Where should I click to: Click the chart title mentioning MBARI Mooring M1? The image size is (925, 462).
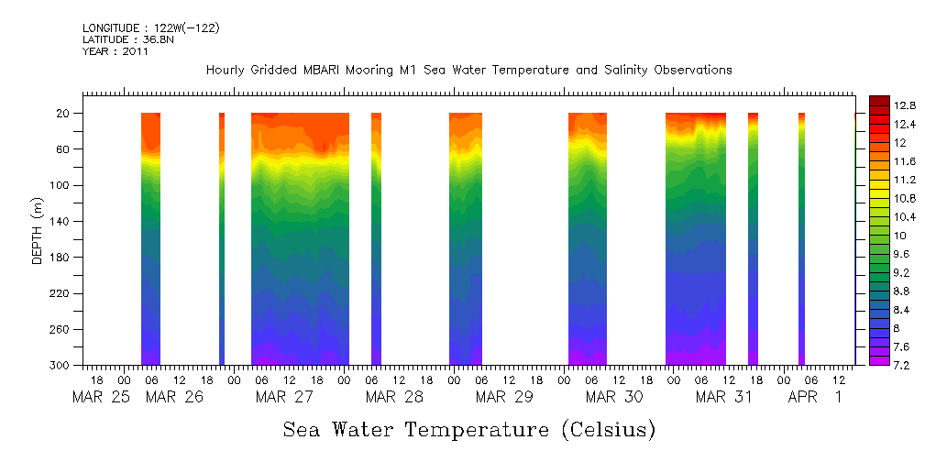click(468, 71)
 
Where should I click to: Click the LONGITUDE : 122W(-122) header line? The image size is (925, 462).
click(151, 28)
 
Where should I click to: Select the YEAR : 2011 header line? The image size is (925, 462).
click(116, 52)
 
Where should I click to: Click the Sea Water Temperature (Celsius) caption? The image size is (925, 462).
click(468, 429)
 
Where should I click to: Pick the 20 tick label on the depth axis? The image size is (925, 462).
click(64, 114)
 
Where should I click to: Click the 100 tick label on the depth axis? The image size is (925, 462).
click(61, 185)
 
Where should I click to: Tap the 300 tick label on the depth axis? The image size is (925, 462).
click(61, 366)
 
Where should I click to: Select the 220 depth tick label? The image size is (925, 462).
click(61, 293)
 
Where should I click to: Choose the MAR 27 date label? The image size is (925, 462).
click(284, 397)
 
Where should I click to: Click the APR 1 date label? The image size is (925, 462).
click(814, 397)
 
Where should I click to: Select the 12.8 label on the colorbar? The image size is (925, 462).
click(906, 104)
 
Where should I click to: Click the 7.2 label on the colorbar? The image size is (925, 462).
click(902, 366)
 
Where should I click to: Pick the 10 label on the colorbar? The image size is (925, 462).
click(898, 236)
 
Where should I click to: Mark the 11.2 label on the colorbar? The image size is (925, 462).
click(906, 180)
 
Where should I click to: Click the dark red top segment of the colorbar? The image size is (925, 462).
click(878, 100)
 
